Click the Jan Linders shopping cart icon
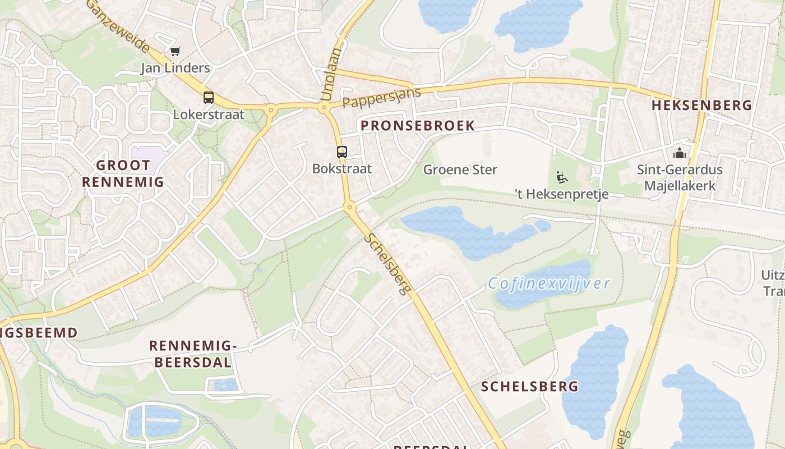point(176,52)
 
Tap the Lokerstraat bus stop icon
point(209,97)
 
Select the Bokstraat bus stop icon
point(341,152)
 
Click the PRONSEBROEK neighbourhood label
point(418,126)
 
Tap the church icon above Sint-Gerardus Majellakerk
point(680,153)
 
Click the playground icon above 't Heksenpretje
point(561,177)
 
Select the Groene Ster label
point(460,169)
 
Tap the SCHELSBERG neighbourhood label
point(529,386)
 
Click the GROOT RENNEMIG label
point(123,173)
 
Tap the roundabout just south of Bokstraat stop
point(350,208)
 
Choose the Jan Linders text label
point(175,68)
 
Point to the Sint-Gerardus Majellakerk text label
point(680,177)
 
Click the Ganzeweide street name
point(118,25)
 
